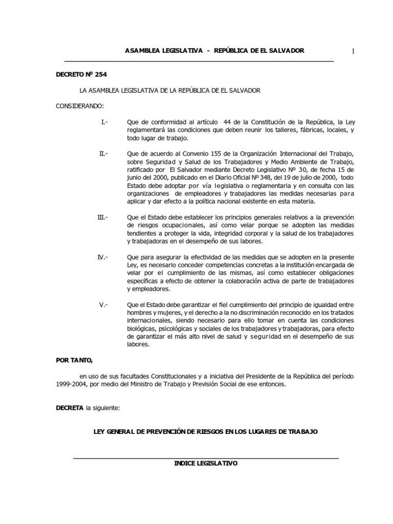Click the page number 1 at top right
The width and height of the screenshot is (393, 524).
tap(353, 51)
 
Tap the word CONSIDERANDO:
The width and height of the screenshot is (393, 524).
tap(79, 106)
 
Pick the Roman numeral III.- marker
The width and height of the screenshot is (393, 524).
tap(102, 217)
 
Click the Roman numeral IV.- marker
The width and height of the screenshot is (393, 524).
tap(102, 257)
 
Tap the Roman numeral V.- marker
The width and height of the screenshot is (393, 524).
tap(103, 304)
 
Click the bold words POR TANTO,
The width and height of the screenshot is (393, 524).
tap(74, 360)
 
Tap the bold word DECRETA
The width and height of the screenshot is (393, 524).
tap(70, 408)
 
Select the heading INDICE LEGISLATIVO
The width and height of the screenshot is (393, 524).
tap(206, 463)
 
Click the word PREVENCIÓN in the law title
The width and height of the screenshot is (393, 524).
tap(161, 432)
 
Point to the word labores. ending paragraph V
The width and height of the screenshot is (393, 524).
tap(137, 344)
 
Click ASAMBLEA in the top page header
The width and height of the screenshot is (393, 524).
tap(142, 51)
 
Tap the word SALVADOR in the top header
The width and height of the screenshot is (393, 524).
tap(287, 51)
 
